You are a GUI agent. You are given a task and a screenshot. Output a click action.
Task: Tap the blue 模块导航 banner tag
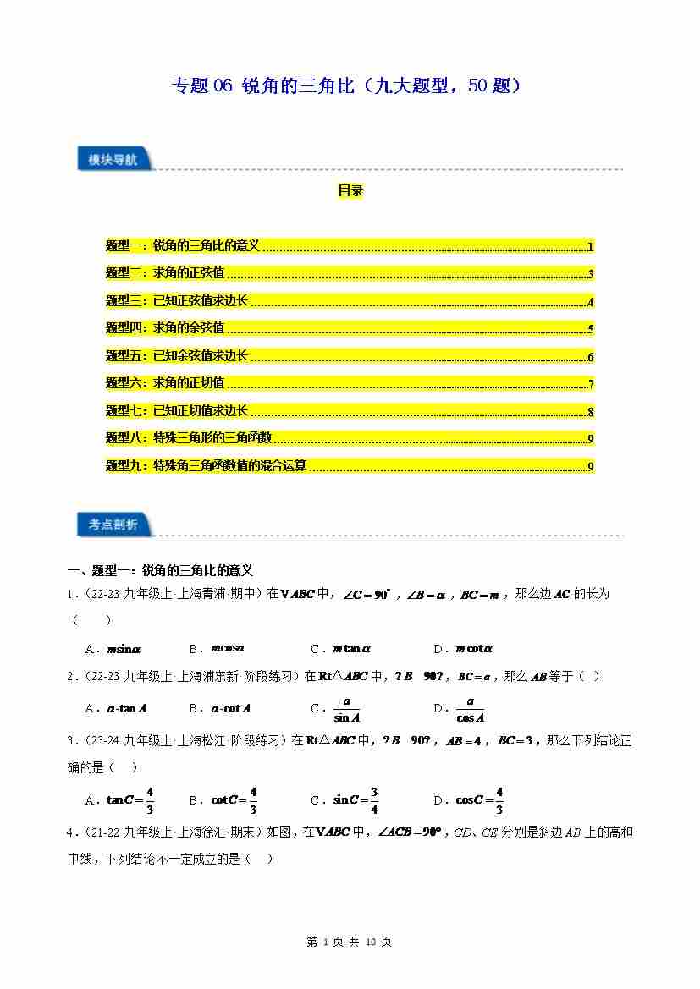[113, 159]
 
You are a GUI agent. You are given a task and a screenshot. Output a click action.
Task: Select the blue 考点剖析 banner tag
[113, 525]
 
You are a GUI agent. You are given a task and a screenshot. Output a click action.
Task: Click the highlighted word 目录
[350, 191]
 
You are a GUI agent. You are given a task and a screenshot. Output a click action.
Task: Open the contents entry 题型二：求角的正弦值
[166, 274]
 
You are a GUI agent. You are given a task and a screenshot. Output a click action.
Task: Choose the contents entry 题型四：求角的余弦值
[166, 328]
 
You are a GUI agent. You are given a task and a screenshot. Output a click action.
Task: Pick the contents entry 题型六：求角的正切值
[166, 383]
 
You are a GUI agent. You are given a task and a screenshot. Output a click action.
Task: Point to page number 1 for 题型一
[590, 247]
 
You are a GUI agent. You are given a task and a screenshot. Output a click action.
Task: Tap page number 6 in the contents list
[590, 356]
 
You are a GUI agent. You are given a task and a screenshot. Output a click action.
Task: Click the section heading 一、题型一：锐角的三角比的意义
[161, 571]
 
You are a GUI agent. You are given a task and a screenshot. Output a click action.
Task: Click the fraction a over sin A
[347, 709]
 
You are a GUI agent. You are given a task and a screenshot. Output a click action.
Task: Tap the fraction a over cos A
[470, 709]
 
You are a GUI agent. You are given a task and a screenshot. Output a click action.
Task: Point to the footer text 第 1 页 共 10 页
[349, 942]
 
